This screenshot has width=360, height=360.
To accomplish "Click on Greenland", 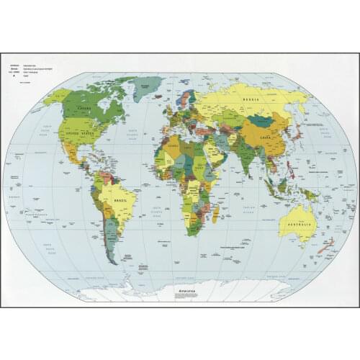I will (148, 89).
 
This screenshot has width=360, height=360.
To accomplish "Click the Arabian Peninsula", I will (215, 154).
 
